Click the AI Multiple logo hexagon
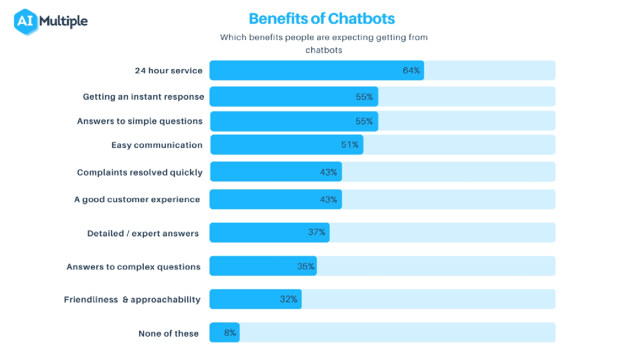(x=25, y=22)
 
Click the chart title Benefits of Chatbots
(x=322, y=19)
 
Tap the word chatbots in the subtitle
(x=324, y=50)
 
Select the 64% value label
(x=411, y=70)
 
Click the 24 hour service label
(x=169, y=70)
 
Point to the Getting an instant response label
(x=143, y=97)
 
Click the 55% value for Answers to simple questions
(x=364, y=121)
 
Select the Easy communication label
(x=157, y=145)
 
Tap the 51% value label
(x=350, y=145)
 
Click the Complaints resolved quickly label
(x=139, y=172)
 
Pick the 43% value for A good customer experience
(x=329, y=199)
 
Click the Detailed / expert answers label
(x=143, y=233)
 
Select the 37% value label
(x=316, y=232)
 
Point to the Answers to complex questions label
(x=133, y=267)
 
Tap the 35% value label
(x=306, y=266)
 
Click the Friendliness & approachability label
(x=132, y=300)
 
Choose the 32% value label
(x=288, y=299)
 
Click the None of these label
(x=168, y=334)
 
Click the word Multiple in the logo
(x=63, y=21)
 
